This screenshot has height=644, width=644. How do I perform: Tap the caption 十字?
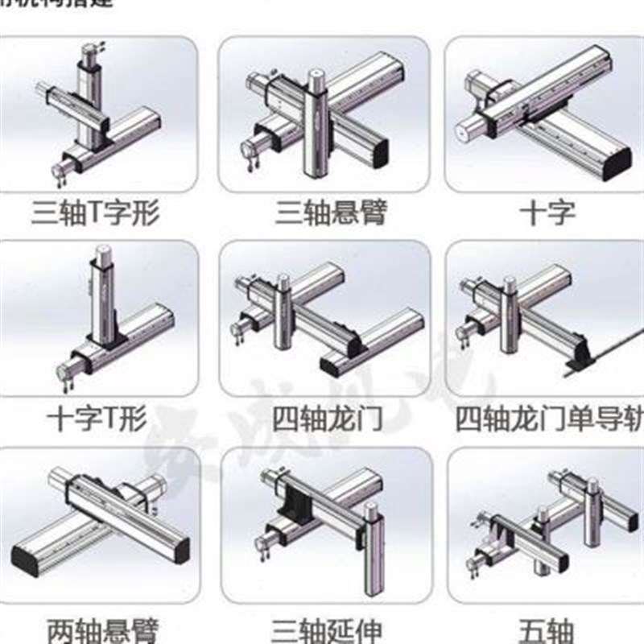coord(547,213)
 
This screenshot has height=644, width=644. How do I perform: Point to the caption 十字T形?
coord(96,419)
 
